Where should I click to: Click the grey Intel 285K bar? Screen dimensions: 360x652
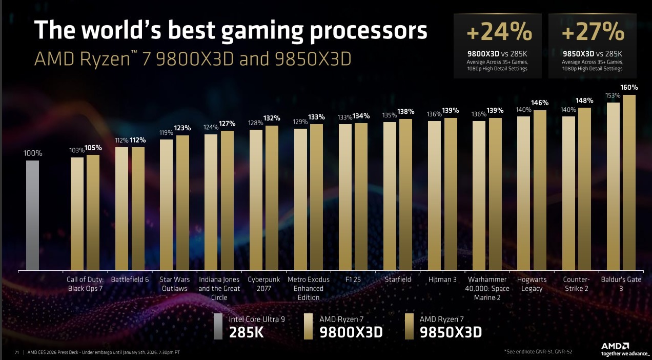[32, 215]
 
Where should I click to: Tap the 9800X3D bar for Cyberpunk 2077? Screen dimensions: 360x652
[256, 200]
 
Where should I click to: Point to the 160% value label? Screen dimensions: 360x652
[629, 88]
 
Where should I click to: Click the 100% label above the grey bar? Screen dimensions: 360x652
[32, 153]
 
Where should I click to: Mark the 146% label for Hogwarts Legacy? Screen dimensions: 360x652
[540, 103]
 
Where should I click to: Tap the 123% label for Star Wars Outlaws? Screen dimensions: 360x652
[182, 128]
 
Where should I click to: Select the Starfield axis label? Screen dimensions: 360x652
[398, 280]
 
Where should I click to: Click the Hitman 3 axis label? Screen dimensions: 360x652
[442, 280]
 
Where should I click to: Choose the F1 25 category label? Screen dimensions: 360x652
[353, 280]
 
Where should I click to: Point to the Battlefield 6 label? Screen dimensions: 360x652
[130, 280]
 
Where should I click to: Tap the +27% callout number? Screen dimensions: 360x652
[593, 33]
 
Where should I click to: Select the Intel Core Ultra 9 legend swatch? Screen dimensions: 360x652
[218, 326]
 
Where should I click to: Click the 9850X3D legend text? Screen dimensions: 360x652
[451, 332]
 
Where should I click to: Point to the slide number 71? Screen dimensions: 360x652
[17, 352]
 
